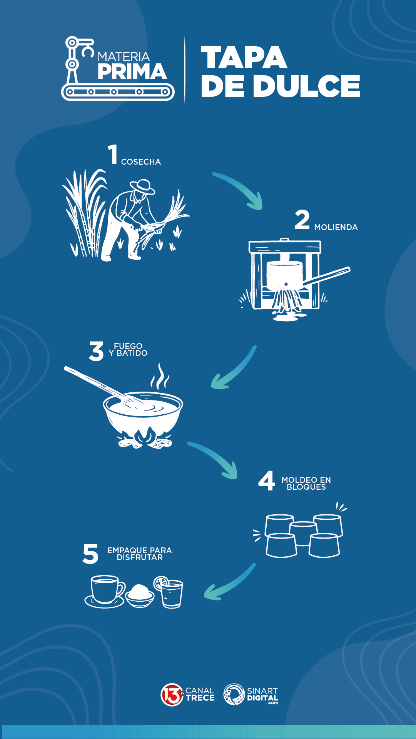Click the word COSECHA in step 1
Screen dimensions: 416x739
[141, 162]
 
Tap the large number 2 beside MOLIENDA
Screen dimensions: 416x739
[302, 220]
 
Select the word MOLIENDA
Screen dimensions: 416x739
[336, 227]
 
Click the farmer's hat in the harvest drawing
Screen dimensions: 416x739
[143, 187]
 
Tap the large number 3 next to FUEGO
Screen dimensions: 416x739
[96, 351]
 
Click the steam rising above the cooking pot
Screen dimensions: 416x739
[160, 377]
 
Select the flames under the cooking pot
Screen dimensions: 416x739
[144, 439]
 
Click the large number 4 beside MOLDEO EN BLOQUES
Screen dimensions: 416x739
[267, 480]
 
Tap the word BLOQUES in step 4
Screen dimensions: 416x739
[306, 487]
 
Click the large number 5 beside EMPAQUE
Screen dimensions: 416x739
[90, 554]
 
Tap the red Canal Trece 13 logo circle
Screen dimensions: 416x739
[172, 694]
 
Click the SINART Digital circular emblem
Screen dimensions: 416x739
[234, 694]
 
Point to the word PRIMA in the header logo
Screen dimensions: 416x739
[132, 72]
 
